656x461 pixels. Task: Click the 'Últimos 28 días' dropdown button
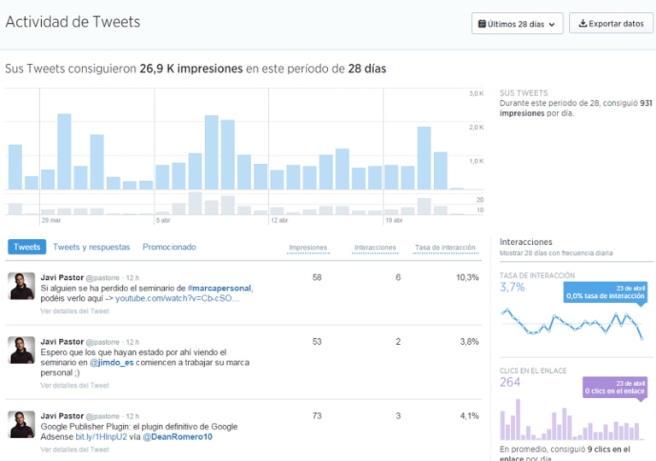517,24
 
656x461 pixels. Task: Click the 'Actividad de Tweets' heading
73,22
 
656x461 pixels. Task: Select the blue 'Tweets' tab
27,247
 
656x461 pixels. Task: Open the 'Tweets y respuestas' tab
91,247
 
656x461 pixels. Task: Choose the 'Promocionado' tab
169,247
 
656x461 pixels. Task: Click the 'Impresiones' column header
308,248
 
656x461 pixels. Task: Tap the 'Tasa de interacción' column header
445,248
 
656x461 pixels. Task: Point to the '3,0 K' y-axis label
476,93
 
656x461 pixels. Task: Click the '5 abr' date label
162,220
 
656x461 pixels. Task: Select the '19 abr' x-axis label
394,220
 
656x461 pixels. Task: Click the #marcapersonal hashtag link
220,289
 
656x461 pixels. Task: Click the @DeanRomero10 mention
177,437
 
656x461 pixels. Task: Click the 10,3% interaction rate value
467,277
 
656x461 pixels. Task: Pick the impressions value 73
317,416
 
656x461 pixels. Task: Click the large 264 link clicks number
510,382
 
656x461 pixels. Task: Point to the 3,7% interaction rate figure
512,288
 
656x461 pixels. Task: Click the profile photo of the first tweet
21,286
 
